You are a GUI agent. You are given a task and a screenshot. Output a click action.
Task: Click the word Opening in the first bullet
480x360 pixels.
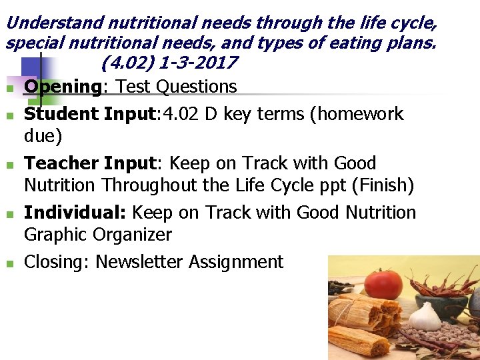[x=62, y=87]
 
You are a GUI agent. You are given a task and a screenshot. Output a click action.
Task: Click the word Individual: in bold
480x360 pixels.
[x=75, y=213]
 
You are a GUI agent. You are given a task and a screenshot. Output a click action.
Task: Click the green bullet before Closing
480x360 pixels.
[x=9, y=264]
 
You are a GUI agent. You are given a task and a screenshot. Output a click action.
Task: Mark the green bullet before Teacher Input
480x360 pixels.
[x=9, y=165]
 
